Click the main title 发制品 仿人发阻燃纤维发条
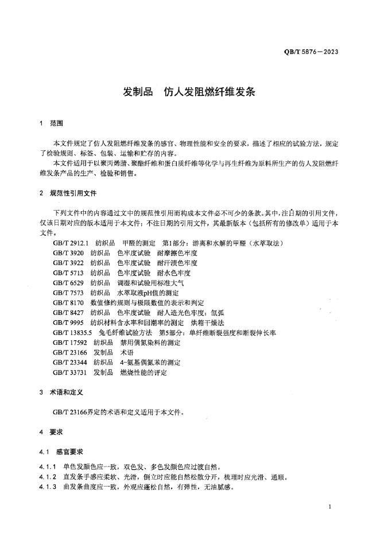pyautogui.click(x=189, y=92)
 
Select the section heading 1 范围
pyautogui.click(x=51, y=124)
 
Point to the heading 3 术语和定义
pyautogui.click(x=61, y=393)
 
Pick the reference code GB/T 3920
pyautogui.click(x=68, y=253)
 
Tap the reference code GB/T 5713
pyautogui.click(x=68, y=273)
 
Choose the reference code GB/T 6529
pyautogui.click(x=68, y=283)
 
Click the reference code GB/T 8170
pyautogui.click(x=68, y=302)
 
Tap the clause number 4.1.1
pyautogui.click(x=47, y=467)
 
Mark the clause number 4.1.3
pyautogui.click(x=47, y=487)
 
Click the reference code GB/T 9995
pyautogui.click(x=68, y=322)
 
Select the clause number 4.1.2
pyautogui.click(x=47, y=477)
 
